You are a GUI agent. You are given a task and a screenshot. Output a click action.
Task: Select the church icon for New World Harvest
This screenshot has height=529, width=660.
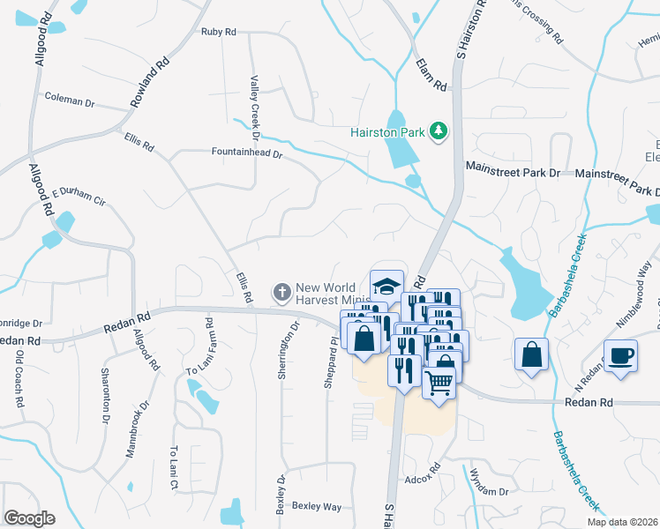coord(281,290)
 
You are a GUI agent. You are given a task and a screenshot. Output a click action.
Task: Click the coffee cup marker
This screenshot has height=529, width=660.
coord(621,355)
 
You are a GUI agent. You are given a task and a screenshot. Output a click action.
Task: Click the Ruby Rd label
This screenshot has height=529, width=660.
coord(219,32)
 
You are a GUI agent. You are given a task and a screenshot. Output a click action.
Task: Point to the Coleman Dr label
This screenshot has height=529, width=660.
coord(69,101)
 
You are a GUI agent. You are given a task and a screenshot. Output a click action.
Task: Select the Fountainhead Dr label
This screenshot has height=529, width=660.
coord(245,153)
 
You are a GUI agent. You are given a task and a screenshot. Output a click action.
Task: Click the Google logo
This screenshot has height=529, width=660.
coord(29,518)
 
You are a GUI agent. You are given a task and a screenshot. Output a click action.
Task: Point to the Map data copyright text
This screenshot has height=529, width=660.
coord(623,522)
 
